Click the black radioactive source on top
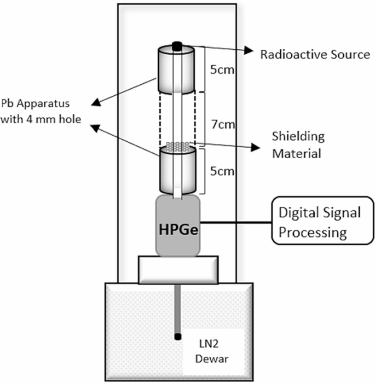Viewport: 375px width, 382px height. [177, 45]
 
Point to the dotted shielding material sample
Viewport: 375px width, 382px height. [177, 147]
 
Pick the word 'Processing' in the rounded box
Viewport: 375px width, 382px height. [313, 232]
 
